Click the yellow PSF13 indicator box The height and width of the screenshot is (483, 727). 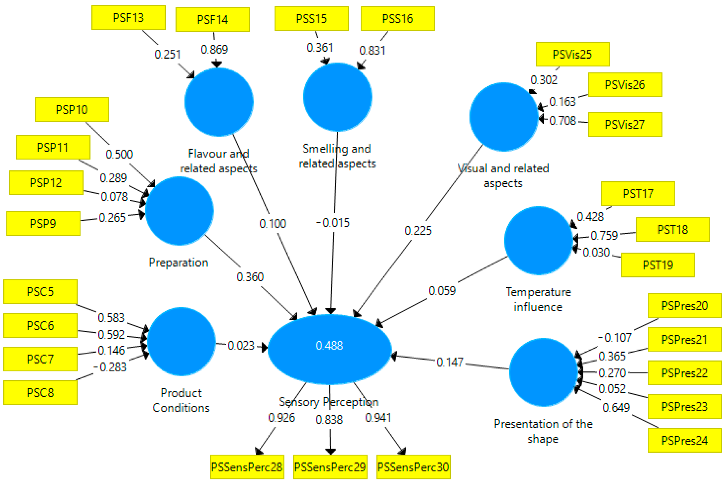click(128, 18)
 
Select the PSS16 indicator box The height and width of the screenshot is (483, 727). click(397, 19)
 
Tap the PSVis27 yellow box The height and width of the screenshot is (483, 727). click(625, 125)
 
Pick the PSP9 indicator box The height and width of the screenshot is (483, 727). click(43, 223)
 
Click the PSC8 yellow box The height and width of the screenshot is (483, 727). click(40, 393)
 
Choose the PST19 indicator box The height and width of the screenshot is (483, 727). click(658, 265)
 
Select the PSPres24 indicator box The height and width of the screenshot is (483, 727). click(684, 440)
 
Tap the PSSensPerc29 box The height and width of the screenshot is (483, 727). click(330, 467)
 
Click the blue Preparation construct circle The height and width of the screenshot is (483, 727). click(180, 211)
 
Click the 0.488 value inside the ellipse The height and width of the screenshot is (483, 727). click(329, 345)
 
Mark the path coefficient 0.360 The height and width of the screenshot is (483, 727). click(250, 277)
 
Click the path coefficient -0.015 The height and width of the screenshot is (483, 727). click(333, 222)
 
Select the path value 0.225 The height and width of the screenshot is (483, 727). click(418, 230)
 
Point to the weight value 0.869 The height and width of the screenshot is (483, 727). click(214, 49)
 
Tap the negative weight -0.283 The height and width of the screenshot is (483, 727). click(110, 367)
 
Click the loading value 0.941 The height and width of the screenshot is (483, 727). click(378, 418)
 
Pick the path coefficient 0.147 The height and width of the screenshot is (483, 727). click(450, 362)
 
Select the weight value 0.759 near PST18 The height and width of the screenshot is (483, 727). click(604, 235)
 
